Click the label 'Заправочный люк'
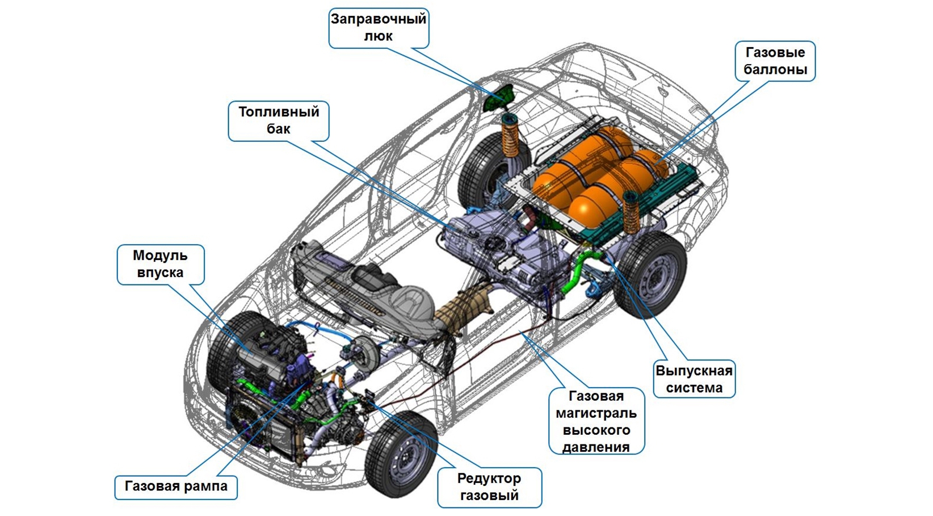(379, 28)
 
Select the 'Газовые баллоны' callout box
(775, 61)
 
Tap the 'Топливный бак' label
(279, 121)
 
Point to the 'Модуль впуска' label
(161, 265)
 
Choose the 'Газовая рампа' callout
(176, 486)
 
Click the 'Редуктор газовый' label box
(489, 487)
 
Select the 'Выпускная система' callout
(694, 379)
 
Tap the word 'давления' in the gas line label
(596, 447)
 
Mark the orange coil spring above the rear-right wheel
(631, 214)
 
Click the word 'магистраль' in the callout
(596, 413)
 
